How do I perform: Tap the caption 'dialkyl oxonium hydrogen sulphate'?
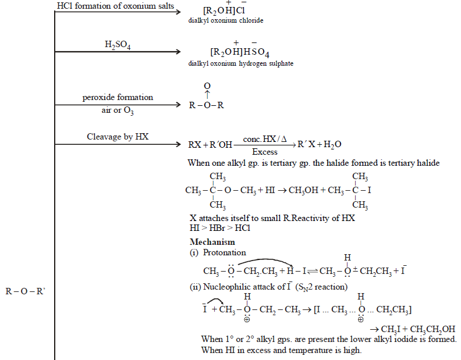(x=240, y=63)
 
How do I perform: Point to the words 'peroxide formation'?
(x=118, y=97)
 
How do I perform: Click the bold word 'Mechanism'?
(x=212, y=241)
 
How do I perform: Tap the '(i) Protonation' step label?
(x=218, y=252)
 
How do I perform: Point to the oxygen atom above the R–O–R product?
(x=207, y=85)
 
